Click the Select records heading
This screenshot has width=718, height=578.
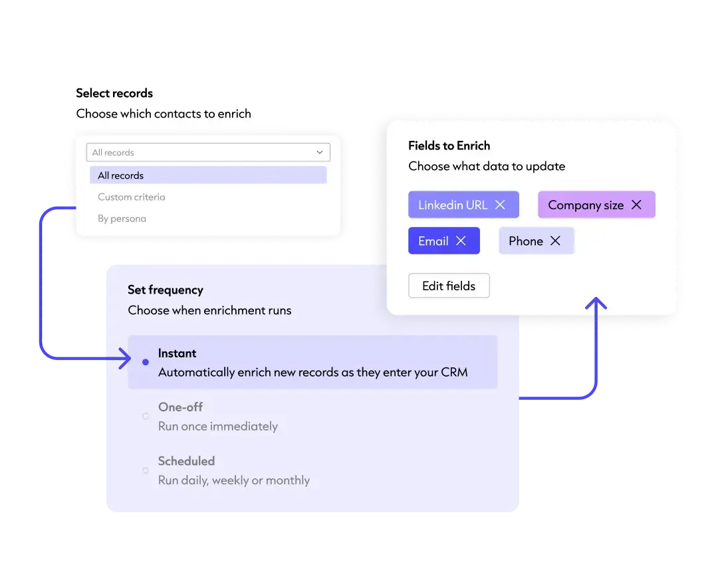coord(114,93)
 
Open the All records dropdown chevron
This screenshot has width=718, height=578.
coord(319,152)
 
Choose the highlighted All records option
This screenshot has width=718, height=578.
coord(121,175)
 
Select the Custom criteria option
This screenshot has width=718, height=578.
coord(132,197)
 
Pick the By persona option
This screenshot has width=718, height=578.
coord(122,219)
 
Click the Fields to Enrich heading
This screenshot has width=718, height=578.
coord(449,145)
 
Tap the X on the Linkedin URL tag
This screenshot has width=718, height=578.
coord(500,205)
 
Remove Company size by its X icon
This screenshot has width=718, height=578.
coord(636,205)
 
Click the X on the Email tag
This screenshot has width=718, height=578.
coord(461,241)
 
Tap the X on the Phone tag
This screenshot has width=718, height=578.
coord(555,241)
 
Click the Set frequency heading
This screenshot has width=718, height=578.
coord(166,290)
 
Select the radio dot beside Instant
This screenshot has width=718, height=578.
coord(146,362)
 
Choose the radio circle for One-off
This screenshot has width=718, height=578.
coord(146,417)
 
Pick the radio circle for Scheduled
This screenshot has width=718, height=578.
coord(146,470)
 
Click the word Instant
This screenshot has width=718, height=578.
coord(178,353)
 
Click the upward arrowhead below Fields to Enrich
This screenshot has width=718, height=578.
coord(596,304)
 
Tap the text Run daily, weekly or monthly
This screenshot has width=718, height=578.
coord(234,480)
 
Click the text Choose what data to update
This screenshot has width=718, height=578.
coord(487,166)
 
